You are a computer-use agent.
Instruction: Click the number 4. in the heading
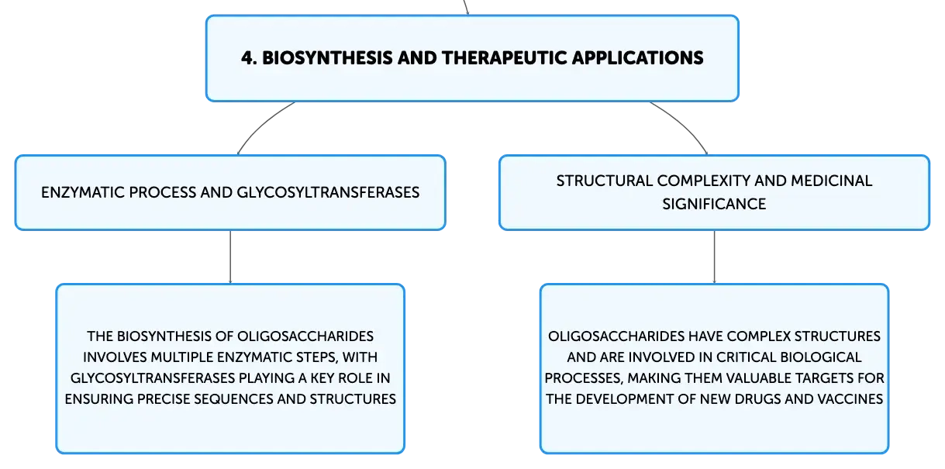click(250, 58)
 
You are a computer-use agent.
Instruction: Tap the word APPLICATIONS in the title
click(638, 58)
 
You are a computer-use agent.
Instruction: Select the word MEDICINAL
click(831, 181)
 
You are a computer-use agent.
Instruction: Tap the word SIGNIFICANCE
click(714, 204)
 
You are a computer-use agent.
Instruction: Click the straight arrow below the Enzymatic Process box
click(230, 257)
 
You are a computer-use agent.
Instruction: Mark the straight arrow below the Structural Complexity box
click(714, 257)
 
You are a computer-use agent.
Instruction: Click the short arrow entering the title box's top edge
click(466, 7)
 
